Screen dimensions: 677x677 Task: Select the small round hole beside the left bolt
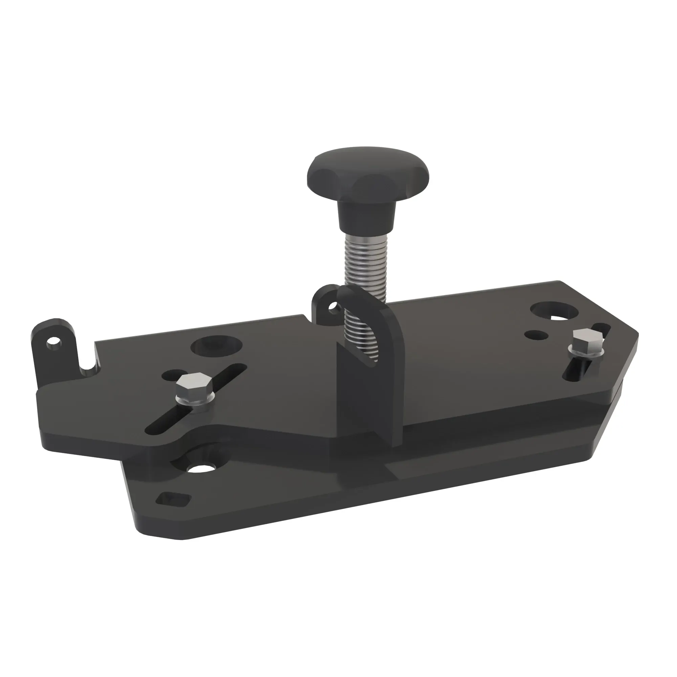click(x=171, y=376)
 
